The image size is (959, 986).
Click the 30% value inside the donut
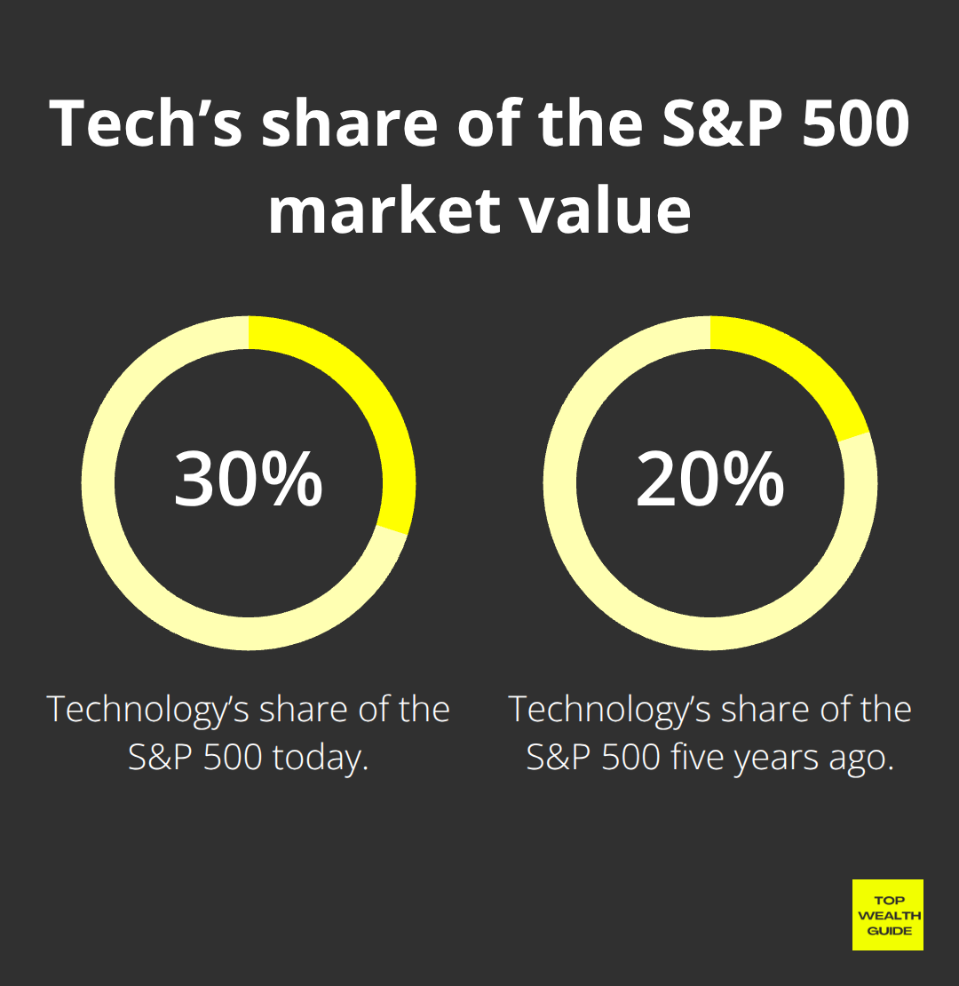click(248, 481)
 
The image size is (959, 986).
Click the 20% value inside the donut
click(709, 481)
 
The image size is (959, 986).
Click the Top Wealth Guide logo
click(887, 915)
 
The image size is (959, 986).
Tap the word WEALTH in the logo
click(887, 916)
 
